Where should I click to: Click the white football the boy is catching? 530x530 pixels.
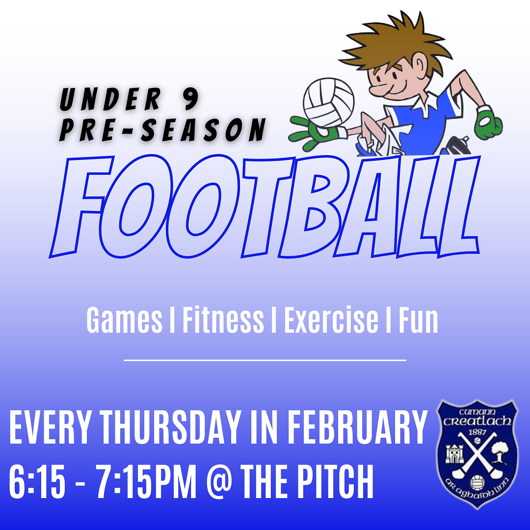click(328, 103)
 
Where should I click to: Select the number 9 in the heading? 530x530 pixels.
click(190, 98)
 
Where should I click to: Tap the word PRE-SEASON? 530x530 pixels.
click(163, 130)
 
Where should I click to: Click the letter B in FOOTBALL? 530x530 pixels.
click(309, 206)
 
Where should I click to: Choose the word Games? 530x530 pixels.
click(124, 320)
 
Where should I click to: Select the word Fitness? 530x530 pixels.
click(223, 319)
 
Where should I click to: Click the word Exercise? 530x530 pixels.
click(331, 319)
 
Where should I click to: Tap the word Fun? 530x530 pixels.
click(419, 319)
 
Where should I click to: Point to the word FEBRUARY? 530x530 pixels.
click(358, 427)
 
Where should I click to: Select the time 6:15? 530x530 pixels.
click(37, 481)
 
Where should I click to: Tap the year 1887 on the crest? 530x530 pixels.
click(477, 432)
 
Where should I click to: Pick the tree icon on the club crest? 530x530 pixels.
click(499, 452)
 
